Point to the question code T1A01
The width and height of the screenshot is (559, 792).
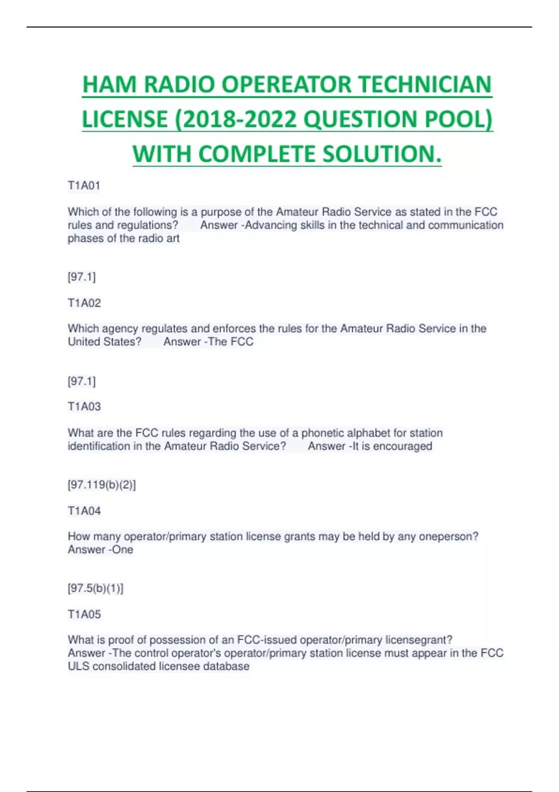(84, 185)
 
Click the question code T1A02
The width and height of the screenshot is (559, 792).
(84, 303)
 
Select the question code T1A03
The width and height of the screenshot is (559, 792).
(84, 406)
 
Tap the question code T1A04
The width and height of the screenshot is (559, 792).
(84, 511)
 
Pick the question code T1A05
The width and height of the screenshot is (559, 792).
(84, 614)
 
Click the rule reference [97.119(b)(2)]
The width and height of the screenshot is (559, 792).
(102, 485)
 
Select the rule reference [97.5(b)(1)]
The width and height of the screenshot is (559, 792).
(96, 588)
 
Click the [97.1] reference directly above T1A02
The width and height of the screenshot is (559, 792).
(82, 277)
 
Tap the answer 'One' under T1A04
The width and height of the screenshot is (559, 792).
(123, 550)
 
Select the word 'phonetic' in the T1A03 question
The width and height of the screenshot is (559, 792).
(321, 433)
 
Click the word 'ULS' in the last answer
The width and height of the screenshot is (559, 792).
(78, 666)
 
